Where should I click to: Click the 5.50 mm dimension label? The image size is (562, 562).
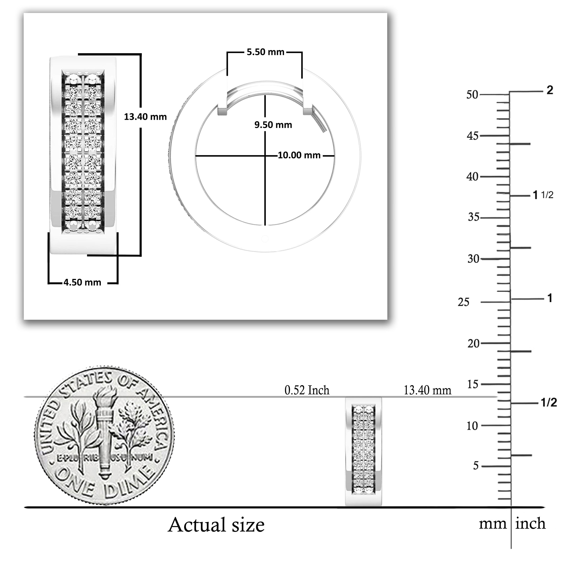[x=265, y=52]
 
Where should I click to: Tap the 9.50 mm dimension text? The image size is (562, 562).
[x=273, y=125]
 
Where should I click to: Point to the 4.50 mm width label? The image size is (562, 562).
[x=82, y=283]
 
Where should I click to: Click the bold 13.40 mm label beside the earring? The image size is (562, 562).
[x=145, y=117]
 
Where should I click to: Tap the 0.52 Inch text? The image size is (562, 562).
[x=307, y=390]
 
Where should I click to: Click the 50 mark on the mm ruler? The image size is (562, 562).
[x=472, y=95]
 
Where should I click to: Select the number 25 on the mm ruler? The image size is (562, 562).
[x=464, y=302]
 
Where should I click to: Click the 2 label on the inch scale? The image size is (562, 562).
[x=549, y=91]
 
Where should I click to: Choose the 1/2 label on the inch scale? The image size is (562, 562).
[x=549, y=403]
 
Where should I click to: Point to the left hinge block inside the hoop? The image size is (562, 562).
[x=223, y=111]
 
